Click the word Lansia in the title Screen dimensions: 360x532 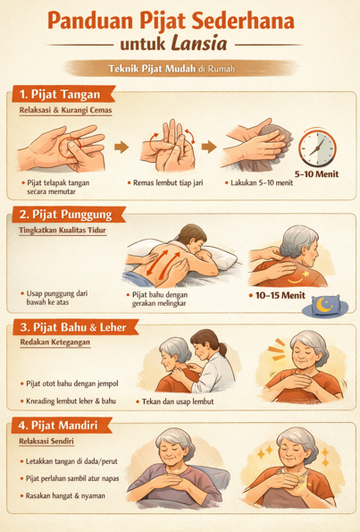coord(199,44)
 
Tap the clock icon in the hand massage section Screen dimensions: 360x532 coord(317,148)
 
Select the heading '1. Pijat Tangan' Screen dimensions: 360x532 coord(60,94)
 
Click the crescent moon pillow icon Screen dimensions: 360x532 coord(325,306)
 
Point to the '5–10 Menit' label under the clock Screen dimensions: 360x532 coord(316,174)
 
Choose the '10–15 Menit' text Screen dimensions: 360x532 coord(280,296)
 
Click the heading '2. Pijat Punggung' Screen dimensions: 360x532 coord(65,215)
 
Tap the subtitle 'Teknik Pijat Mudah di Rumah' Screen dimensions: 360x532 coord(172,69)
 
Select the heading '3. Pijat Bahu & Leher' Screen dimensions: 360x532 coord(73,327)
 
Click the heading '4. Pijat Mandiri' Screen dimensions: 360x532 coord(58,425)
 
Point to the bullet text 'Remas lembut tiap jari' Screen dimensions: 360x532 coord(168,183)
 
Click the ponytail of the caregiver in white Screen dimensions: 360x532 coord(222,349)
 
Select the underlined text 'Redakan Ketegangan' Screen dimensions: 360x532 coord(55,342)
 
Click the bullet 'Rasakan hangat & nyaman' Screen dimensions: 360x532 coord(65,495)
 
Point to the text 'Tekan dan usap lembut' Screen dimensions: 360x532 coord(178,401)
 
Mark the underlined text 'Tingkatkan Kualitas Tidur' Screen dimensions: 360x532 coord(63,230)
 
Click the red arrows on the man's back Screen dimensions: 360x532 coord(163,262)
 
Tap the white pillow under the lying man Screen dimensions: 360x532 coord(221,258)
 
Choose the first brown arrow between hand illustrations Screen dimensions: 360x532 coord(121,148)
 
